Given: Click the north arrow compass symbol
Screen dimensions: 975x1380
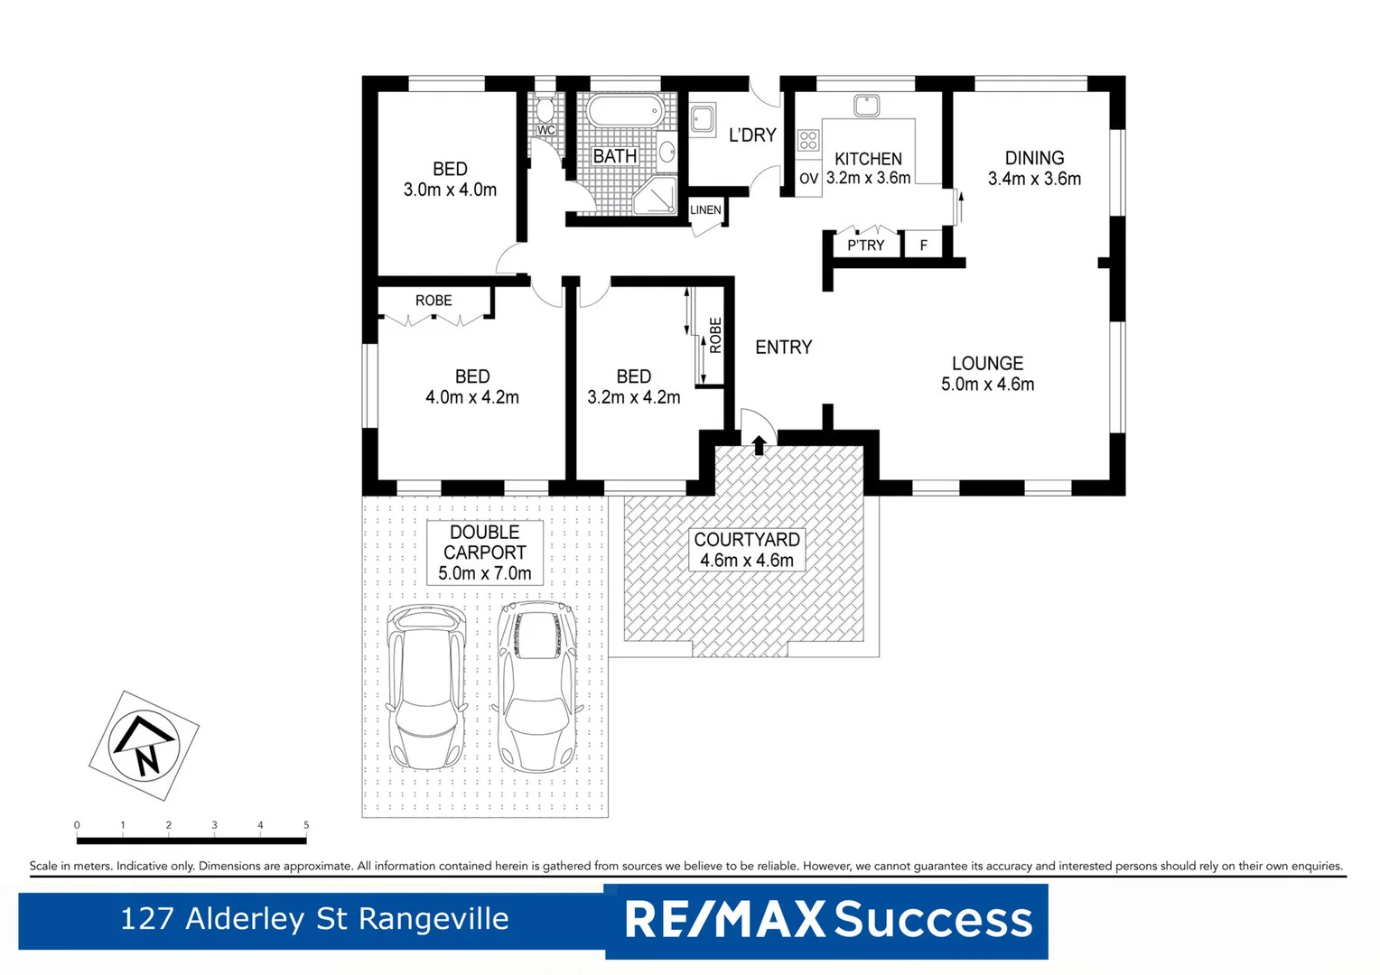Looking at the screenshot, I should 144,746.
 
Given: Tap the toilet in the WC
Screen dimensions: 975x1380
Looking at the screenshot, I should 545,110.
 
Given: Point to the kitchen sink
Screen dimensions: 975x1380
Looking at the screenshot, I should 866,106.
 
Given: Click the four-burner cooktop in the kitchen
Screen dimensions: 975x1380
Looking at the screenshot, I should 807,140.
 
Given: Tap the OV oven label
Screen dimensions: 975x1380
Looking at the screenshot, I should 808,179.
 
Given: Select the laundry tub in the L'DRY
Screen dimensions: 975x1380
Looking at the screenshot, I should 703,118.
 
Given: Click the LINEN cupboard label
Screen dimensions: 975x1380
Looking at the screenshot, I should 705,210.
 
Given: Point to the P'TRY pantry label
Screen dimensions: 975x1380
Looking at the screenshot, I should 865,246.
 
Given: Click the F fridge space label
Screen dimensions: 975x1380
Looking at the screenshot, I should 923,246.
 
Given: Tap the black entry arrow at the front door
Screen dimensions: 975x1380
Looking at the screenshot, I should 759,444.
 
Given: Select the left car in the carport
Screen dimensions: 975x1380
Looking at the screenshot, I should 426,687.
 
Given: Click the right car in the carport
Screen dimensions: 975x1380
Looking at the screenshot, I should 538,687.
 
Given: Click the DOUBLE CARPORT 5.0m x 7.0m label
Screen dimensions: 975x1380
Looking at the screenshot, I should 485,552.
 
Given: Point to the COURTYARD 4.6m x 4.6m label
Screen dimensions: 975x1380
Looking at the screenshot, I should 746,550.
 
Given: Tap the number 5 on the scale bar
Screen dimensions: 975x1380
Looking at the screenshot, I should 306,825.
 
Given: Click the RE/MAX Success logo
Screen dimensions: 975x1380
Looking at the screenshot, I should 827,920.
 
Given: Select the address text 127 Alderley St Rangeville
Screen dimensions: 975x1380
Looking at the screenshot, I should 314,919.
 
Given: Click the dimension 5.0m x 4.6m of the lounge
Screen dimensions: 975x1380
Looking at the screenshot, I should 987,385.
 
